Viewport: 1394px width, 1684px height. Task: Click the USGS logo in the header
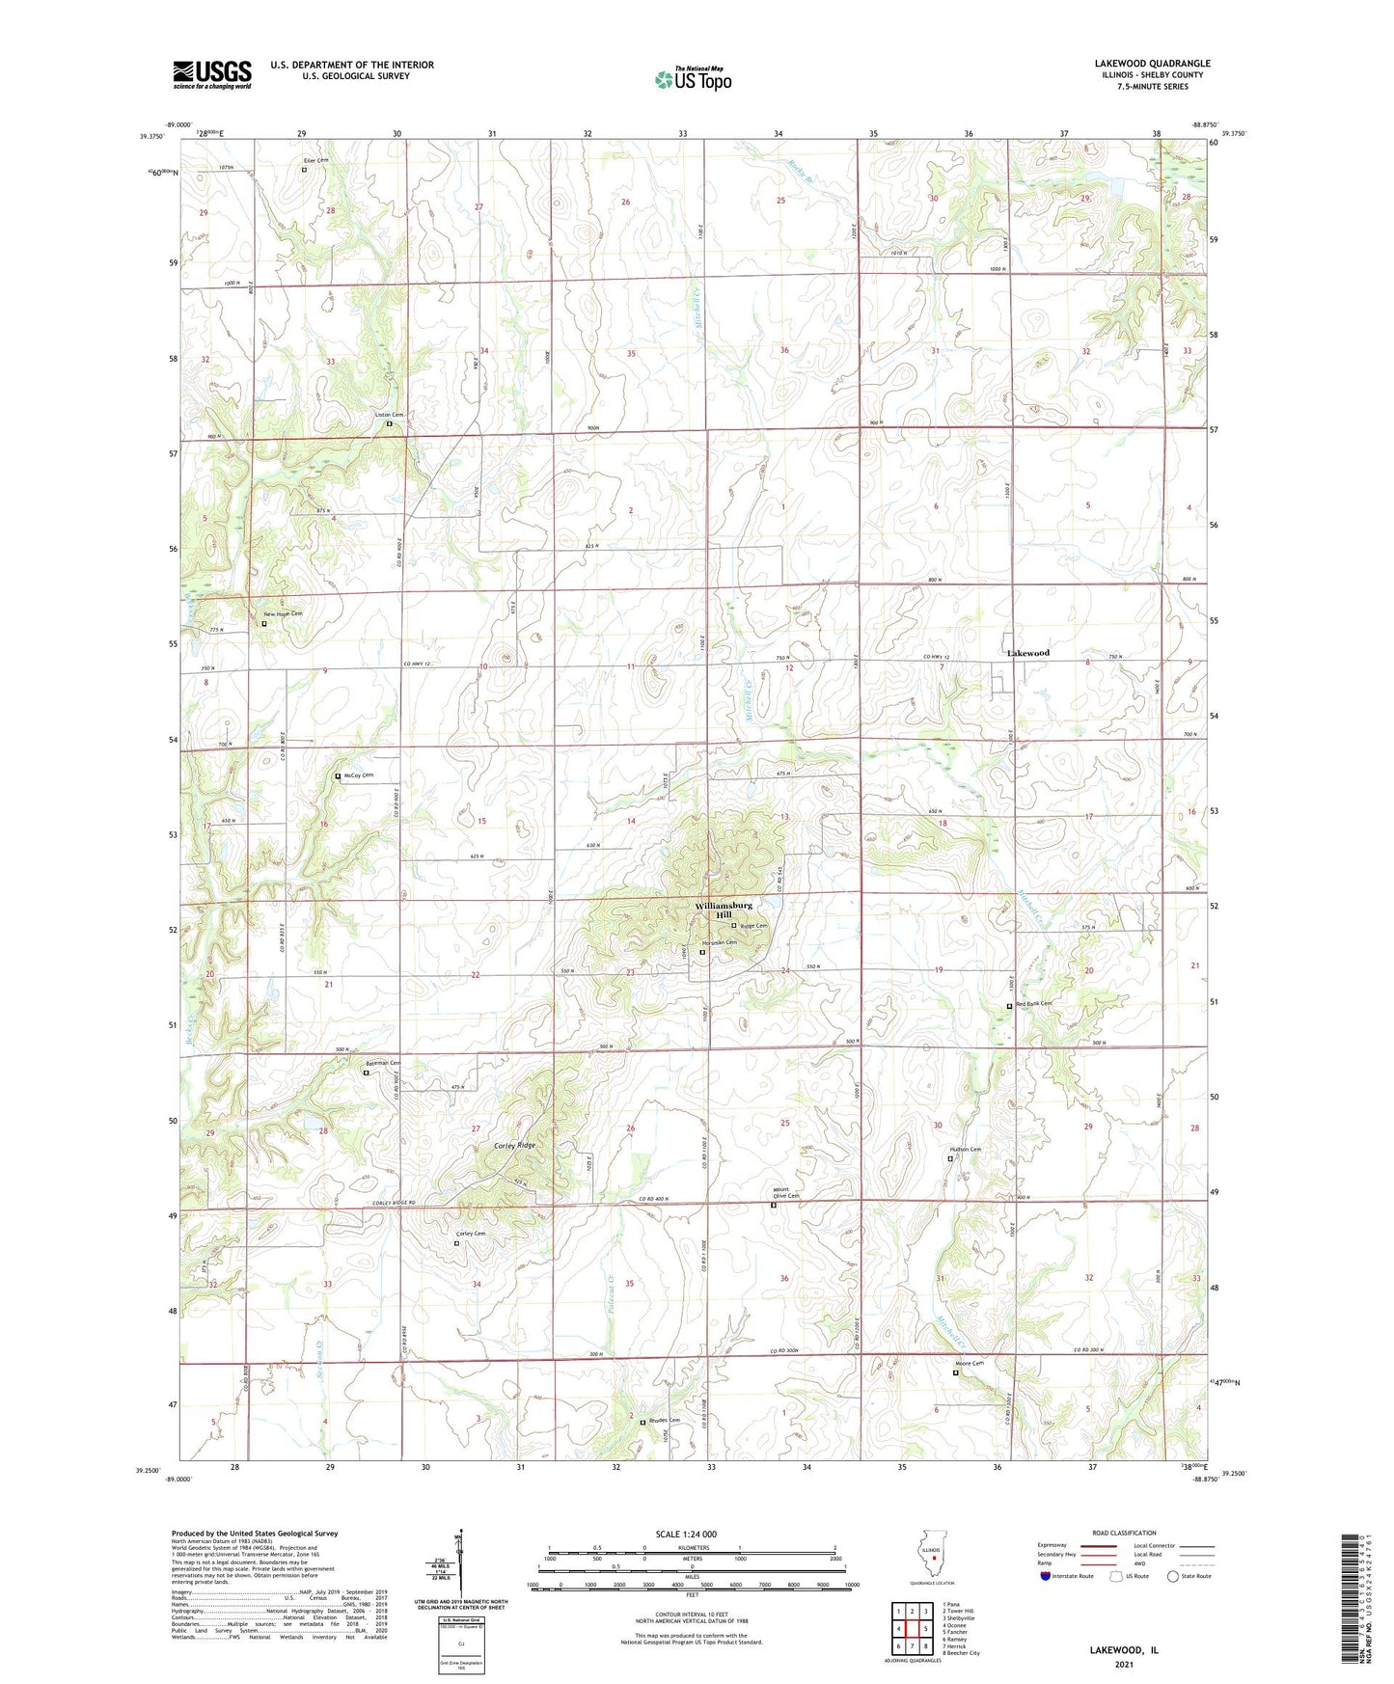[x=211, y=74]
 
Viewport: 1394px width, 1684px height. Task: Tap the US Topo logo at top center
[x=693, y=79]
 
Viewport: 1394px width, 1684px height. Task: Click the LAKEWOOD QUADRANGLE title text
[x=1152, y=64]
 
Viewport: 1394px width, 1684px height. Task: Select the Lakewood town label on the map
[x=1027, y=653]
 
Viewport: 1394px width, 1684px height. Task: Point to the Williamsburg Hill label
[x=724, y=910]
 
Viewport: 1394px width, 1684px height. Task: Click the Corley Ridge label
[x=513, y=1145]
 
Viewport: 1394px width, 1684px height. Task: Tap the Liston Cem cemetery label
[x=389, y=415]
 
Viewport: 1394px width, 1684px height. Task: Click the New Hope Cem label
[x=284, y=614]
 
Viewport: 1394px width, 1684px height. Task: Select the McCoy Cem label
[x=357, y=774]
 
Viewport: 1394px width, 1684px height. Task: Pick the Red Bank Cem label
[x=1033, y=1003]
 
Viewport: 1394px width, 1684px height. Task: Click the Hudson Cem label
[x=966, y=1150]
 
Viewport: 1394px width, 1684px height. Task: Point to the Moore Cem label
[x=970, y=1364]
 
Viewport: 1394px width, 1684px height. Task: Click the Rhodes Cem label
[x=664, y=1420]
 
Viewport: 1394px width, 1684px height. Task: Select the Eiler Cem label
[x=315, y=160]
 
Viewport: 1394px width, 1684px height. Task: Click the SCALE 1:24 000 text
[x=687, y=1534]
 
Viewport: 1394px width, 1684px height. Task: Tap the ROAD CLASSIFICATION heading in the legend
[x=1124, y=1533]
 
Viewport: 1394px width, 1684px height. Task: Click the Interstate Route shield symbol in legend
[x=1046, y=1576]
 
